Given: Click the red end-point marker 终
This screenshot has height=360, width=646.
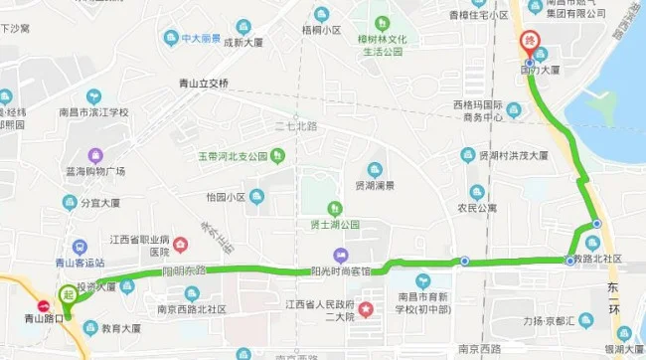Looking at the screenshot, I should (529, 43).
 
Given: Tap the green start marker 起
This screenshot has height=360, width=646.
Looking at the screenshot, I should (69, 295).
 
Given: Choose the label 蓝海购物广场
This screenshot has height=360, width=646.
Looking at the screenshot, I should (95, 175).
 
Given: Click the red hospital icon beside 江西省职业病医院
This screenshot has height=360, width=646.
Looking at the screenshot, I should (181, 244).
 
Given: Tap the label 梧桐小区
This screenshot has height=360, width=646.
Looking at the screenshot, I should (322, 31).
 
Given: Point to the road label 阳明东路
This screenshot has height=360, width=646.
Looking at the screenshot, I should (183, 270).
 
